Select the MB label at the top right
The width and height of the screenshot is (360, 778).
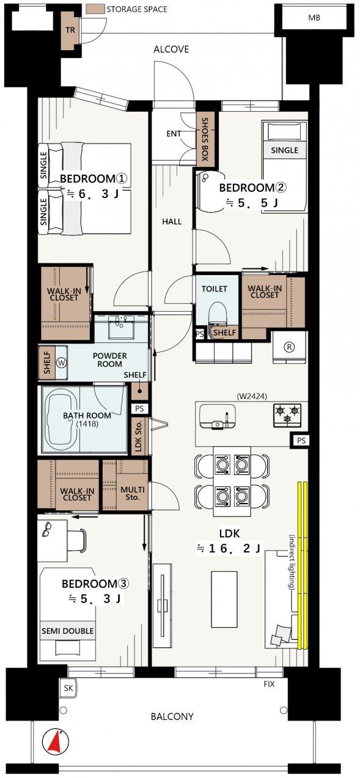[314, 18]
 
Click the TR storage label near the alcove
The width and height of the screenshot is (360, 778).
[70, 30]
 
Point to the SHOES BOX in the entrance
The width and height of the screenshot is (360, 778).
[205, 139]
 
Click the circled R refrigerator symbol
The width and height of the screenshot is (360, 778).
[290, 347]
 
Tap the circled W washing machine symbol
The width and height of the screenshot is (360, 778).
[62, 363]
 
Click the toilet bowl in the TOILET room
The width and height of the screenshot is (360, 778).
[218, 314]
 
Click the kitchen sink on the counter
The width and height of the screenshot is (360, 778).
[218, 416]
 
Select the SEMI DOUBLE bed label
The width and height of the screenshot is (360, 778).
[68, 631]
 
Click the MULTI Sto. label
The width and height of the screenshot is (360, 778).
[133, 493]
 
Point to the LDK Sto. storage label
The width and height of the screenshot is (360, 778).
[139, 436]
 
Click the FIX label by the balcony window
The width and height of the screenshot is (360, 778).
[269, 684]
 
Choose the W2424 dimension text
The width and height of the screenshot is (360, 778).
[252, 396]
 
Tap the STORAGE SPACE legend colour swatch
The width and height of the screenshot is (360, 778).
[95, 9]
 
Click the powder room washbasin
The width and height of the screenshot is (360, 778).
[120, 327]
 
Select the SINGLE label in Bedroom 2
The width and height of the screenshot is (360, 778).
[285, 150]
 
